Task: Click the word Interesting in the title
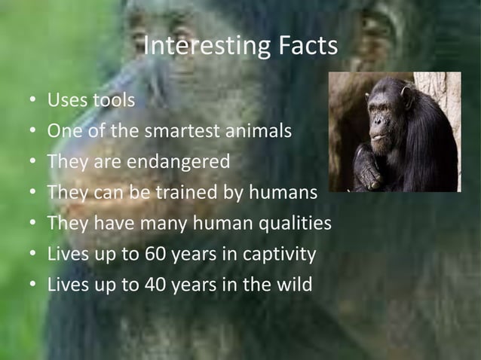click(x=198, y=47)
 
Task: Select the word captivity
click(x=279, y=255)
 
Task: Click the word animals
click(x=259, y=131)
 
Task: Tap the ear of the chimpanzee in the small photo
click(x=407, y=96)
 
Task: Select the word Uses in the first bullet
click(x=66, y=100)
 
